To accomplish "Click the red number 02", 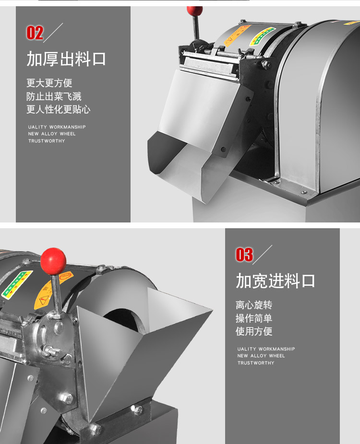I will pyautogui.click(x=35, y=33).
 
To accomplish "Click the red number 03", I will pyautogui.click(x=244, y=255).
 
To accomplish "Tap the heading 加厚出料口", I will pyautogui.click(x=66, y=59).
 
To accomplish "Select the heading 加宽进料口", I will pyautogui.click(x=275, y=281).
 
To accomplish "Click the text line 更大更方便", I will pyautogui.click(x=49, y=83).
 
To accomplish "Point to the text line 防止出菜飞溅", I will pyautogui.click(x=54, y=96).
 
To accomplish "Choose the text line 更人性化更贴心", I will pyautogui.click(x=58, y=109).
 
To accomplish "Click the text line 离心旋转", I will pyautogui.click(x=254, y=305).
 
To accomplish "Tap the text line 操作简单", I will pyautogui.click(x=254, y=318).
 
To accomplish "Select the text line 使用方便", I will pyautogui.click(x=254, y=331).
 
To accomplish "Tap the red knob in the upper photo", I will pyautogui.click(x=194, y=11).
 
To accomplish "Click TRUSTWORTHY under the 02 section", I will pyautogui.click(x=46, y=141).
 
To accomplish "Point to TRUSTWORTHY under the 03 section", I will pyautogui.click(x=256, y=363).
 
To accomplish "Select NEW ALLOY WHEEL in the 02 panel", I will pyautogui.click(x=52, y=134).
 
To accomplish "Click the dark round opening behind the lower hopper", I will pyautogui.click(x=126, y=316).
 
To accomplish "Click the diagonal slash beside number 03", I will pyautogui.click(x=263, y=255).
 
